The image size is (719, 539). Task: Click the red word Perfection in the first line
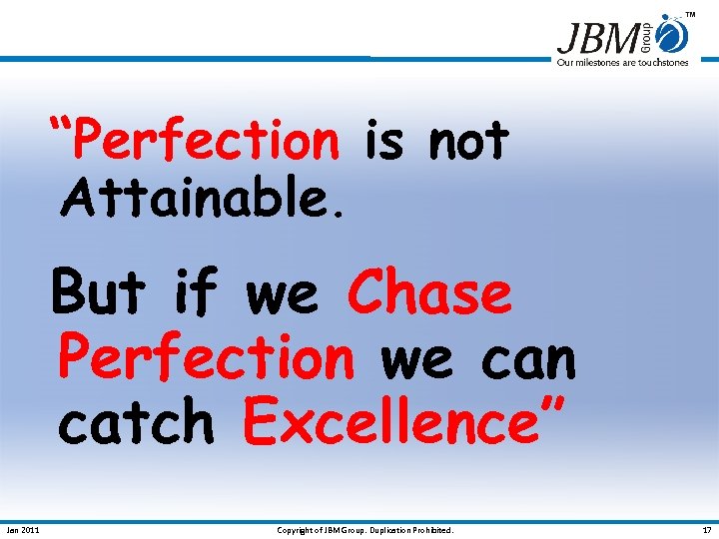207,141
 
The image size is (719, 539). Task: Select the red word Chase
429,293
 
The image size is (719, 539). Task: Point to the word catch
136,423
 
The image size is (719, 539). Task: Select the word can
528,358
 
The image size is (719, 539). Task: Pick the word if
196,293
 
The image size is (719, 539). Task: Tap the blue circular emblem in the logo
674,36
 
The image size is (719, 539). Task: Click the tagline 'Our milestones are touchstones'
622,63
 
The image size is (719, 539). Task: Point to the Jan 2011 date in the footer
23,530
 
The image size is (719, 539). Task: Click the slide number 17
707,530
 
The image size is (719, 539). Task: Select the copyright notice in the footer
364,530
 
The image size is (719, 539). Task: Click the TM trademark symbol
690,15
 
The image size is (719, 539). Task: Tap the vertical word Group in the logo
646,36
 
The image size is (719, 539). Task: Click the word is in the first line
383,141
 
